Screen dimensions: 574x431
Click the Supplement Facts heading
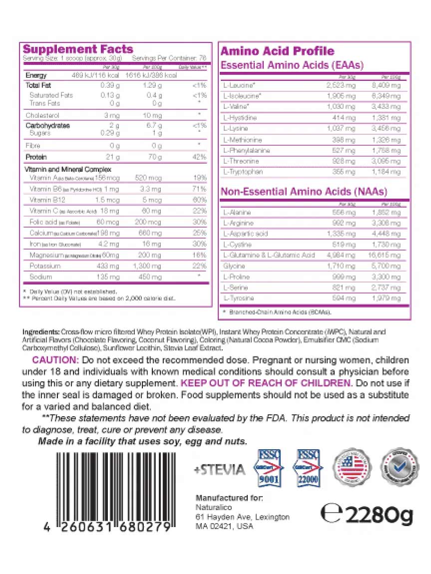click(78, 49)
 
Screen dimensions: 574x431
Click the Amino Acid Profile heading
click(277, 51)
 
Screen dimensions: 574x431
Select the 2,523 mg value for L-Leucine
click(343, 85)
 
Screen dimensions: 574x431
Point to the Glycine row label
click(234, 266)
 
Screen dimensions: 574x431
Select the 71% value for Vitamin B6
click(199, 189)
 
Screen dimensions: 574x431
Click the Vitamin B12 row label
click(46, 200)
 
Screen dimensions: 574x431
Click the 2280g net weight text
click(367, 514)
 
